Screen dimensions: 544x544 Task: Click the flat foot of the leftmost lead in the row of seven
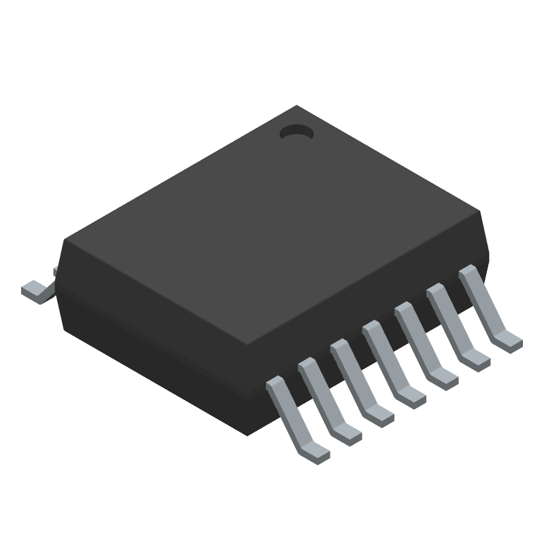(313, 449)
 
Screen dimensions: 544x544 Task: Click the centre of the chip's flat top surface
(272, 224)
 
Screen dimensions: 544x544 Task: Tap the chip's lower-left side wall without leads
(156, 347)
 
